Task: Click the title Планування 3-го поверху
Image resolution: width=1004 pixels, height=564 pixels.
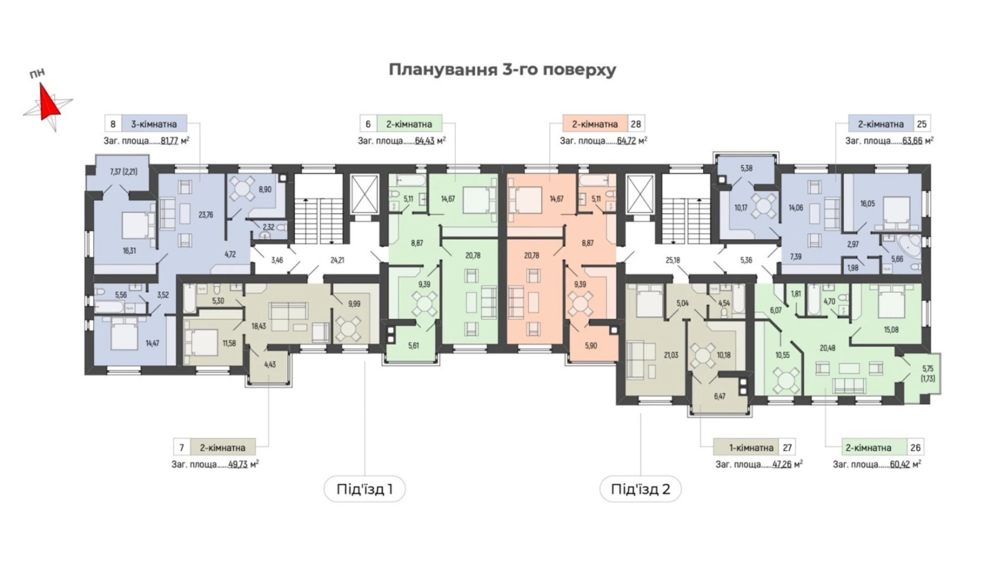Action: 502,70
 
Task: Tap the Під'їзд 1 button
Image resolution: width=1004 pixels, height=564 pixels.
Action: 364,489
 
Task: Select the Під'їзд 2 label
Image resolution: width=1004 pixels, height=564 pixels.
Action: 640,489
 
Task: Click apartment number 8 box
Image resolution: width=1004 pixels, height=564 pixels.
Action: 113,124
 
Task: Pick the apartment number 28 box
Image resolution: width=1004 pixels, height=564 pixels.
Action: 636,124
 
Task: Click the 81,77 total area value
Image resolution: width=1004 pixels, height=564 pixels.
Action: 169,140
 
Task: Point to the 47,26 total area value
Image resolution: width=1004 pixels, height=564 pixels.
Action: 781,464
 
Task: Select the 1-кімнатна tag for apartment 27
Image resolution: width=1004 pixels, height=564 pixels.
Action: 751,448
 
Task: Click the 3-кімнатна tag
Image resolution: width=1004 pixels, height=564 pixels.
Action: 154,124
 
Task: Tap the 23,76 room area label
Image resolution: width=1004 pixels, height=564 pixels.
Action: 206,215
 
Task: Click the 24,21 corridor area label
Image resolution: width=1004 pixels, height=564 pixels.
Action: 337,260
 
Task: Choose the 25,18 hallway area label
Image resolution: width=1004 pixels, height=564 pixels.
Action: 672,260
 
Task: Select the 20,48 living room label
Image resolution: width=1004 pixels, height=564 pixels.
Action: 827,348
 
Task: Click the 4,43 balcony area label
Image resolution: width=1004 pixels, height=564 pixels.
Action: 270,364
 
